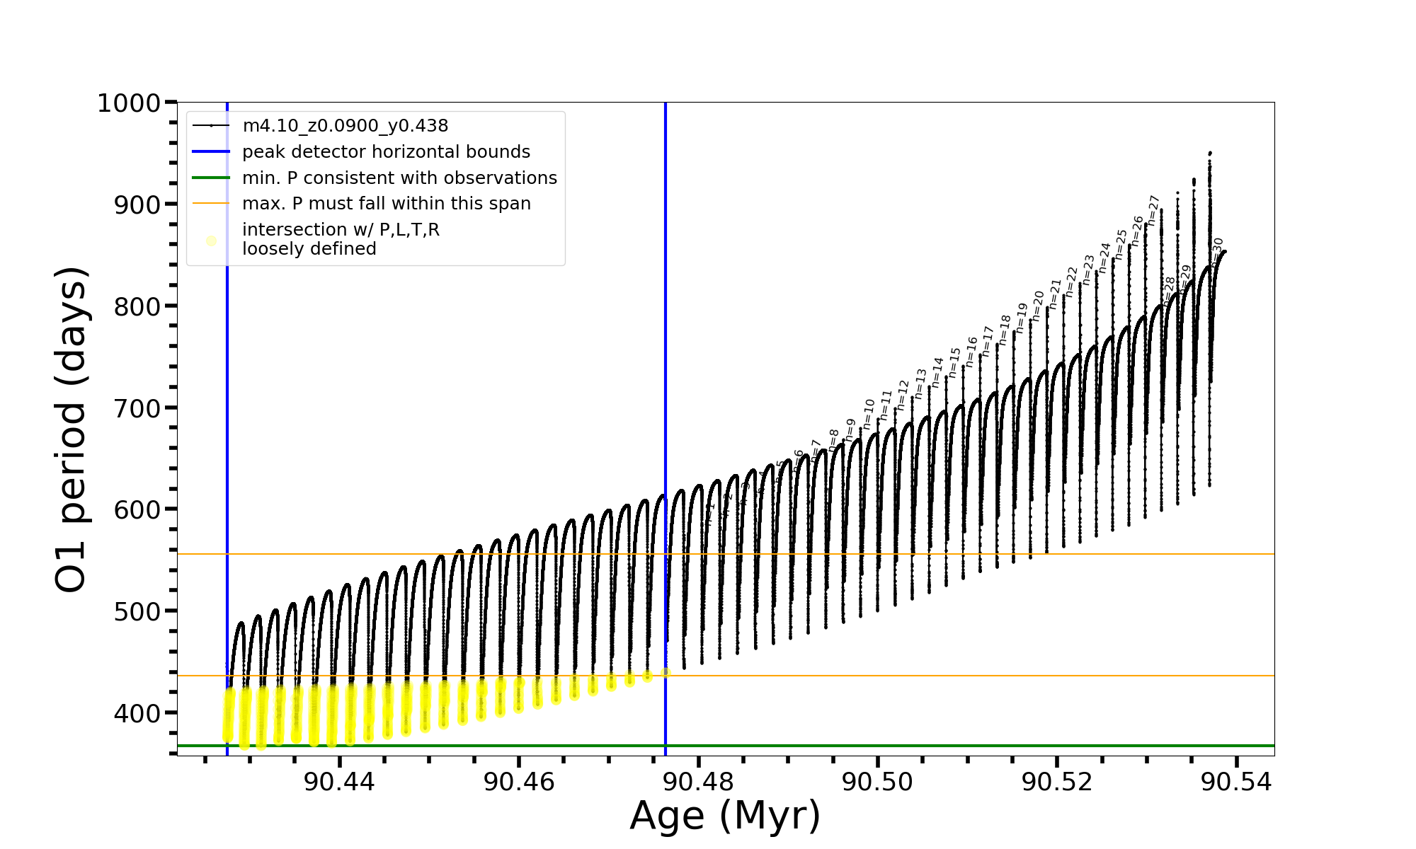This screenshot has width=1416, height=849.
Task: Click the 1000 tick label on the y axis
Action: click(x=129, y=103)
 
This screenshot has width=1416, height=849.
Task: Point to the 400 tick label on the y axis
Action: click(x=139, y=713)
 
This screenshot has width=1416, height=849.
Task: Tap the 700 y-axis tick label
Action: click(x=139, y=408)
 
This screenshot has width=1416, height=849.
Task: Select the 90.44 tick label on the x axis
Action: click(x=339, y=782)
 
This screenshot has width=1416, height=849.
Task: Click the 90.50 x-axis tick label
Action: click(x=877, y=782)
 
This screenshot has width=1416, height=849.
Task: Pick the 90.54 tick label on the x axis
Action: click(x=1236, y=782)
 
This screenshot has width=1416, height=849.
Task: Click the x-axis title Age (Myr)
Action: click(x=725, y=816)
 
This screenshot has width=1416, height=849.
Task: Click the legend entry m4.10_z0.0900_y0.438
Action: click(x=345, y=126)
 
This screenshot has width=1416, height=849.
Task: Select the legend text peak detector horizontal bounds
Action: click(x=386, y=152)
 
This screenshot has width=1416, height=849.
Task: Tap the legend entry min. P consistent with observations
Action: click(x=399, y=178)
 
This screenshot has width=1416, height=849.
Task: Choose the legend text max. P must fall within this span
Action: click(x=386, y=204)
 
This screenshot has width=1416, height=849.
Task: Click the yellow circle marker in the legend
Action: click(x=211, y=241)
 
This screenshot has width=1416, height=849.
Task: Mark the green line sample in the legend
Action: click(x=211, y=178)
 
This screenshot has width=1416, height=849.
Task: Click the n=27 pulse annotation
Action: click(x=1153, y=210)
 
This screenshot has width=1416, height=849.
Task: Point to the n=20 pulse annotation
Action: click(x=1038, y=305)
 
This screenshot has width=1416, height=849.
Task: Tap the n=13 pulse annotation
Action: click(x=920, y=383)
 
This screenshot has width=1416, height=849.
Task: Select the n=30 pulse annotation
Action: click(x=1217, y=251)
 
